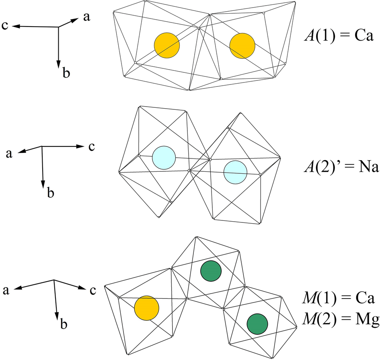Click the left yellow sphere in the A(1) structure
[167, 45]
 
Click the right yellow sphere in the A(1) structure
[242, 45]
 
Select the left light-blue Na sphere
[164, 157]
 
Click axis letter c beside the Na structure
[92, 147]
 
